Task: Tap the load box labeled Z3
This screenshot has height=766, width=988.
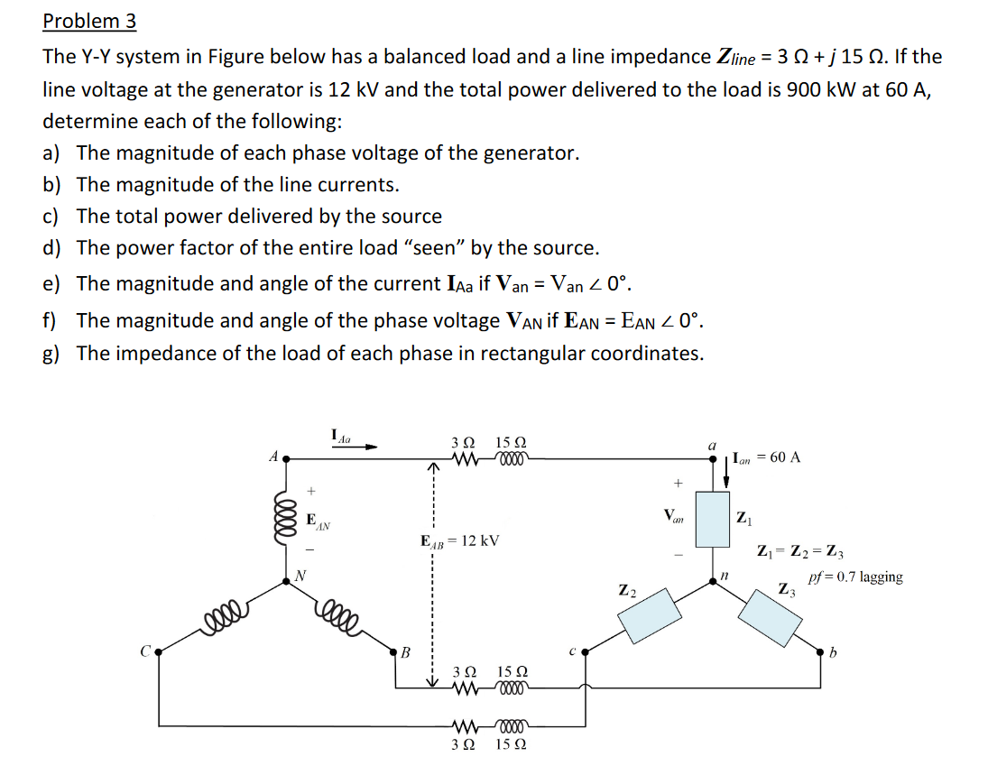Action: (x=771, y=617)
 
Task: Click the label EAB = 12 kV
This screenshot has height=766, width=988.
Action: (x=460, y=540)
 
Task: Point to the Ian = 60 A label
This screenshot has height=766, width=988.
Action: (x=767, y=457)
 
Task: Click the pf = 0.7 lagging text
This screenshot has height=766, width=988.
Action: (x=855, y=577)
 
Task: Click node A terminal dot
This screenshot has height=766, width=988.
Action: (x=286, y=457)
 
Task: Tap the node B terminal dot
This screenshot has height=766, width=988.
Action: (x=393, y=651)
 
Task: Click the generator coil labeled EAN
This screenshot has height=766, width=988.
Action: (x=286, y=519)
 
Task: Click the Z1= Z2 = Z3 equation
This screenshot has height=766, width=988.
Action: (x=800, y=551)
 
